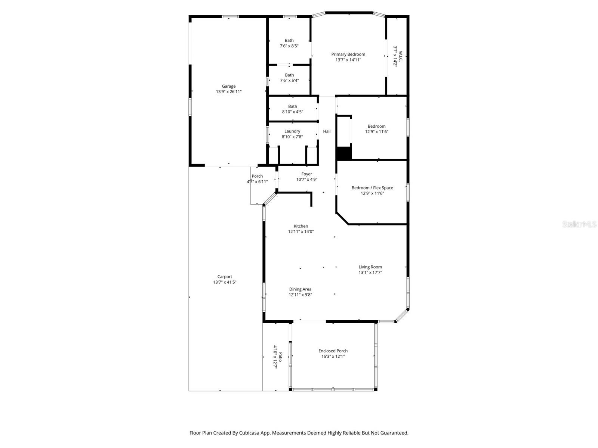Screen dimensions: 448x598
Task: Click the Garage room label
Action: point(228,86)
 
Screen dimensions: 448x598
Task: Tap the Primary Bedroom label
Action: point(348,54)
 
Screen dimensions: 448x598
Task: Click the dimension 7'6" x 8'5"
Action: point(289,46)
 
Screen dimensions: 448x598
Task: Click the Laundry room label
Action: point(292,131)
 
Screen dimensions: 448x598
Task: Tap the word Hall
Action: point(327,131)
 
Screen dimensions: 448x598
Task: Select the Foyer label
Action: point(306,174)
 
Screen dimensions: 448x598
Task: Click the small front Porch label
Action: point(257,176)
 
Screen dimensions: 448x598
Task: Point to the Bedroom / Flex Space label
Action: point(372,188)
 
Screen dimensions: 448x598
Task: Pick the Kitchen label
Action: point(300,226)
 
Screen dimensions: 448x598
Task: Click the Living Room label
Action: point(370,267)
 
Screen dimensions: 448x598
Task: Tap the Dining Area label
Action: point(300,289)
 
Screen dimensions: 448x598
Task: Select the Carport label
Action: point(225,277)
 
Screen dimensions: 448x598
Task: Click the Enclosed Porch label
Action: point(333,351)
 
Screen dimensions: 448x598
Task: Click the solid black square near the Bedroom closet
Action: point(344,153)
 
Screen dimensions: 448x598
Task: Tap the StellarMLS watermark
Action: point(579,224)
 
